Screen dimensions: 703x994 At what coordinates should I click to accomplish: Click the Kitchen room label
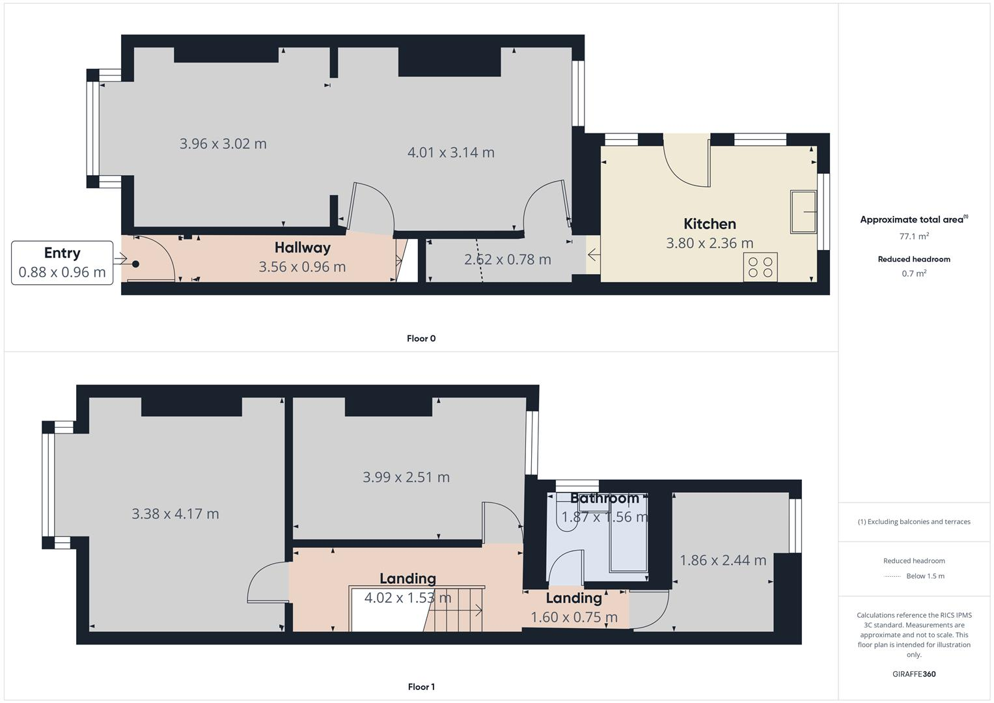coord(710,224)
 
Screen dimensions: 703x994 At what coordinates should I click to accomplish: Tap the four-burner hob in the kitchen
coord(760,267)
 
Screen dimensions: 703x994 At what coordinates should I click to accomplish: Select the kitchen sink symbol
coord(803,212)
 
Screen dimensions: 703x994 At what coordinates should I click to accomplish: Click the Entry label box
coord(62,262)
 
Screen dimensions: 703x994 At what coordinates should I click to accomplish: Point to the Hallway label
coord(302,248)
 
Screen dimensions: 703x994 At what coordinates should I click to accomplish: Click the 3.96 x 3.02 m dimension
coord(223,144)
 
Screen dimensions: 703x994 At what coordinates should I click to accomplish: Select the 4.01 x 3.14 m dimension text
coord(450,152)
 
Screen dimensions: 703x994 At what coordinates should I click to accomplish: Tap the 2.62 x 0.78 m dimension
coord(507,260)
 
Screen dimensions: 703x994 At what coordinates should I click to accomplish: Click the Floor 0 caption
coord(421,338)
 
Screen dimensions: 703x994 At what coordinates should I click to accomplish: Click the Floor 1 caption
coord(421,687)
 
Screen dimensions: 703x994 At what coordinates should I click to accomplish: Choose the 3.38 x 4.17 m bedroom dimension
coord(175,514)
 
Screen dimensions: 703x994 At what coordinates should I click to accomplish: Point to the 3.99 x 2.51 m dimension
coord(406,477)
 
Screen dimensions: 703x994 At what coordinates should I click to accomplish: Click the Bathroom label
coord(604,499)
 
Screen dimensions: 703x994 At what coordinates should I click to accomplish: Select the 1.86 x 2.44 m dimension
coord(723,560)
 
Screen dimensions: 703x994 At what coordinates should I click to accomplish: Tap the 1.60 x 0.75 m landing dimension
coord(573,617)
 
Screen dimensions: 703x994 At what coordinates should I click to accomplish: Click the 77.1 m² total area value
coord(914,236)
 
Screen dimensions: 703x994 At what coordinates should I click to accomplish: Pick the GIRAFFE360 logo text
coord(914,674)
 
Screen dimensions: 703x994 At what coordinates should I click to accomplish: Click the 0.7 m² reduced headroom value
coord(914,273)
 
